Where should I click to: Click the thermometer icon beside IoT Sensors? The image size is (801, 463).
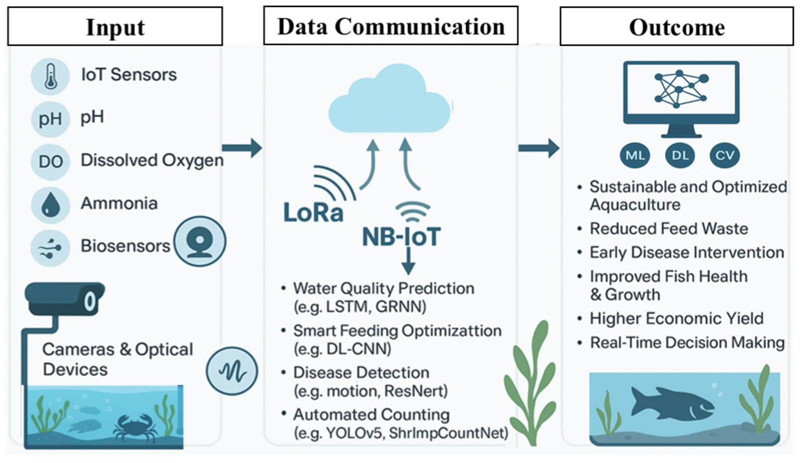[x=51, y=76]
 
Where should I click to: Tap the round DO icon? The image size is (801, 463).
[x=51, y=162]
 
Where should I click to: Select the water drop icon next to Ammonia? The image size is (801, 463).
[x=51, y=205]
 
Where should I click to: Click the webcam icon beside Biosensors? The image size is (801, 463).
[x=200, y=241]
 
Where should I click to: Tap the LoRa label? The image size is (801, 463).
[x=313, y=213]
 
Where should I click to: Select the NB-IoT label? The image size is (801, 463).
[x=401, y=237]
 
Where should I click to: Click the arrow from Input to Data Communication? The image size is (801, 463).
[x=242, y=148]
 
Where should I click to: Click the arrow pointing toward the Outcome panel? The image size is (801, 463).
[x=539, y=148]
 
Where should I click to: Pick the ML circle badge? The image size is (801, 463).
[x=635, y=155]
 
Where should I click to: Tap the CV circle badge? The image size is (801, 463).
[x=725, y=155]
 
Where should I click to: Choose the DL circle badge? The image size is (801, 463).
[x=680, y=155]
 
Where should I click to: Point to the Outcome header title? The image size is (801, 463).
[x=677, y=27]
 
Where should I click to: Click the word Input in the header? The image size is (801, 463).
[x=115, y=27]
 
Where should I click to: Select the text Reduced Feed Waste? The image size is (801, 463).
[x=668, y=229]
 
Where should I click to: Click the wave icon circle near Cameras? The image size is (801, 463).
[x=232, y=371]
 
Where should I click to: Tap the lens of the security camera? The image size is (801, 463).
[x=90, y=302]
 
